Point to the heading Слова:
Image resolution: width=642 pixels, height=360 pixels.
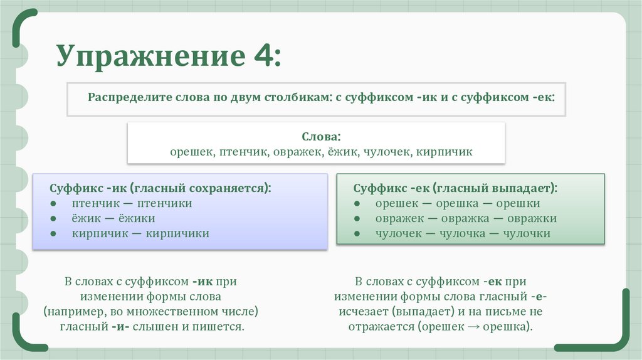coord(321,136)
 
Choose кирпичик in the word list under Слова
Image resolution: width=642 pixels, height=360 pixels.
coord(448,152)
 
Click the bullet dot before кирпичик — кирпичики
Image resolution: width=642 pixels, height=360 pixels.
coord(55,233)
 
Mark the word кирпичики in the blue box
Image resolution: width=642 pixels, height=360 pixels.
coord(177,233)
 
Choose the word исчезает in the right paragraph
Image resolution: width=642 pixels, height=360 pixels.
coord(359,311)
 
